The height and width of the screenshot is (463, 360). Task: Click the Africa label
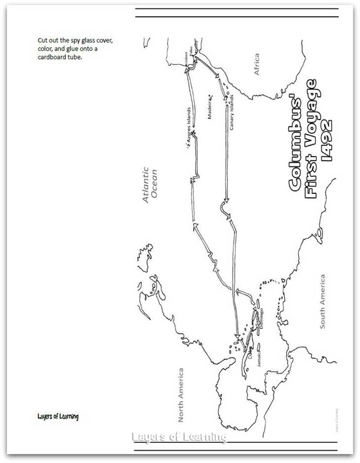pyautogui.click(x=256, y=64)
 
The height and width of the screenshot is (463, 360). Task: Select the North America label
pyautogui.click(x=181, y=395)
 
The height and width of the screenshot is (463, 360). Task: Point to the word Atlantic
pyautogui.click(x=145, y=185)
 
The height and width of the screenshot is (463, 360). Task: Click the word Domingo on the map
pyautogui.click(x=262, y=318)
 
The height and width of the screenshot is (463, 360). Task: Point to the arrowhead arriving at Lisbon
pyautogui.click(x=187, y=70)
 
